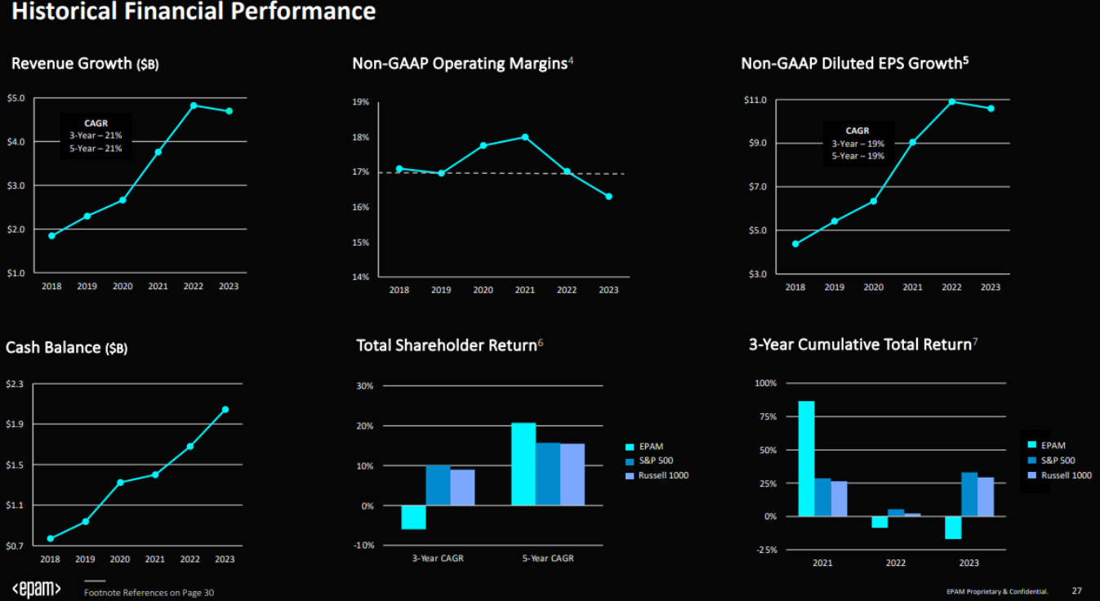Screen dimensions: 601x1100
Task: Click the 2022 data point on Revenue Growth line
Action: (x=194, y=105)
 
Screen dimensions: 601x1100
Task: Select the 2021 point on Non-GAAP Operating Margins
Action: (x=525, y=137)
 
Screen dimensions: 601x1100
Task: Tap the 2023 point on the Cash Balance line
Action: (x=225, y=410)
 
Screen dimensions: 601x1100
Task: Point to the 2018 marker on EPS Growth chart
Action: (x=795, y=243)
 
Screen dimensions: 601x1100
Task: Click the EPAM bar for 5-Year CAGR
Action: (x=523, y=464)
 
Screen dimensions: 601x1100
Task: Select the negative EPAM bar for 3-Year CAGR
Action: (x=413, y=517)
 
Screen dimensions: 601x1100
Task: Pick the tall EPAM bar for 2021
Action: (x=806, y=458)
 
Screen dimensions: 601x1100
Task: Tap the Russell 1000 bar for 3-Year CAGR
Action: (x=462, y=487)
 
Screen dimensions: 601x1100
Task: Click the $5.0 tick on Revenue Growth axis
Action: (x=16, y=98)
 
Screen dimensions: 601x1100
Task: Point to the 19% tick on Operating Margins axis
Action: (x=360, y=102)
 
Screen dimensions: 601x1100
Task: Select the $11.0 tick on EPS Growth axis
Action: (x=755, y=100)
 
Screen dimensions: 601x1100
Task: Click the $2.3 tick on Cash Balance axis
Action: (x=16, y=384)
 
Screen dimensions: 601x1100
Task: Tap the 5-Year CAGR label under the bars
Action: (x=547, y=559)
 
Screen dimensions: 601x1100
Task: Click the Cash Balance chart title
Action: (x=66, y=348)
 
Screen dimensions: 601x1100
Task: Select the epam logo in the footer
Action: (x=36, y=588)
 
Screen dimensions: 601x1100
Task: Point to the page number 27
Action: (x=1076, y=590)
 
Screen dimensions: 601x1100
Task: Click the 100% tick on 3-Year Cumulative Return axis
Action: (x=766, y=383)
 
